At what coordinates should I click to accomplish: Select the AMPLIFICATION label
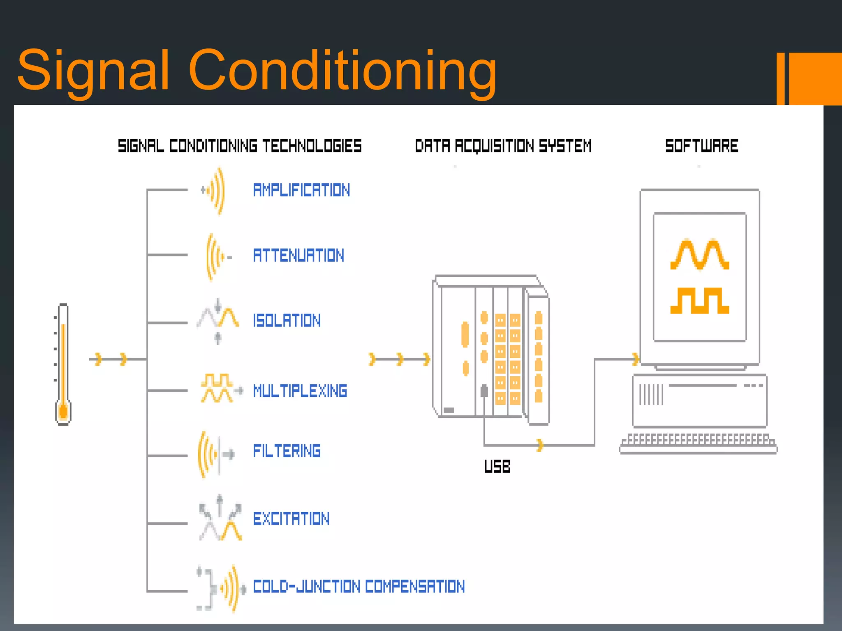[x=301, y=190]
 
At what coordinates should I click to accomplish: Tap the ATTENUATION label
[x=298, y=256]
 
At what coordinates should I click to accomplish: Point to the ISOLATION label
[x=287, y=321]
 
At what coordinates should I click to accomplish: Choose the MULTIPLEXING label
[x=300, y=391]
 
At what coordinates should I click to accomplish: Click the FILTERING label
[x=287, y=451]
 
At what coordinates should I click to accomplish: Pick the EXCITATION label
[x=291, y=519]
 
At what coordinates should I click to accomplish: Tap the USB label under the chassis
[x=497, y=467]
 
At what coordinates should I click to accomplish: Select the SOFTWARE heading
[x=701, y=146]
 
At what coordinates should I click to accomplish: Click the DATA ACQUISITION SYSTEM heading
[x=503, y=146]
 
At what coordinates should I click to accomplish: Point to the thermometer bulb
[x=63, y=412]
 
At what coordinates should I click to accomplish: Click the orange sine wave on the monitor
[x=700, y=255]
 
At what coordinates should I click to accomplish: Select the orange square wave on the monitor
[x=700, y=301]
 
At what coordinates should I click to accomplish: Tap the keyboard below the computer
[x=698, y=444]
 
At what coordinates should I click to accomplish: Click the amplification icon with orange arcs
[x=215, y=191]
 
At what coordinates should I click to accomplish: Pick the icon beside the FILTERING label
[x=215, y=454]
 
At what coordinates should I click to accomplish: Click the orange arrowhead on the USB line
[x=540, y=445]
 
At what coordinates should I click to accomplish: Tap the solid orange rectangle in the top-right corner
[x=815, y=78]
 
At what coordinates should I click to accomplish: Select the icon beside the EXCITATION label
[x=220, y=518]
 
